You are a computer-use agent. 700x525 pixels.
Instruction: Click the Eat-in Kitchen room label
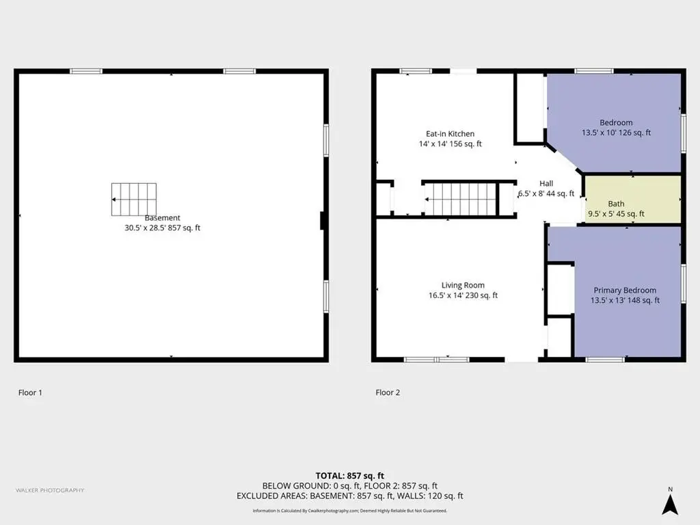450,133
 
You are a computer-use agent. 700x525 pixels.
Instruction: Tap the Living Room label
463,285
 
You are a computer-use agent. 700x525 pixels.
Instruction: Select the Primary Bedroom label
625,290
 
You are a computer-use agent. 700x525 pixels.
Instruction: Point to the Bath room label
616,204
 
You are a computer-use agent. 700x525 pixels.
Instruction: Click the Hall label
546,183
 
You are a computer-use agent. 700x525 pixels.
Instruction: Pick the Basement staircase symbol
134,199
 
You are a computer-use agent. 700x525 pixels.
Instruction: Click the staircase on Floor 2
461,199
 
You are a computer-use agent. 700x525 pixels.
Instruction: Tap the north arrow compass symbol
670,502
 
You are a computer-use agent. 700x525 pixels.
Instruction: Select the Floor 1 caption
30,392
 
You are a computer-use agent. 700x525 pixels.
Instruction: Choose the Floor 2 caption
388,392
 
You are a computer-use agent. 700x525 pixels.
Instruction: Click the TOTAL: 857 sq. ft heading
349,476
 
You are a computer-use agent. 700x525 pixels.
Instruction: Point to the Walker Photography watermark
50,490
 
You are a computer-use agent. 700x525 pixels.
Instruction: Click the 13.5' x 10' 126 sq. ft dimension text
616,133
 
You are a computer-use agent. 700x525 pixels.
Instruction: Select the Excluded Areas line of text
349,496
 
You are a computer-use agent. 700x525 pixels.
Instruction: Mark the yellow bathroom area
632,199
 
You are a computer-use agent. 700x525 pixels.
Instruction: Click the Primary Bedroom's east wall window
684,284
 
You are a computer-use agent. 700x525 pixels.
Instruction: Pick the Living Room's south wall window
437,360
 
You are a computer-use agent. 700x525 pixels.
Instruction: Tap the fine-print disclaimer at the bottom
349,511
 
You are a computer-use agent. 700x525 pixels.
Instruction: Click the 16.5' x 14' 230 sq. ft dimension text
463,295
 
